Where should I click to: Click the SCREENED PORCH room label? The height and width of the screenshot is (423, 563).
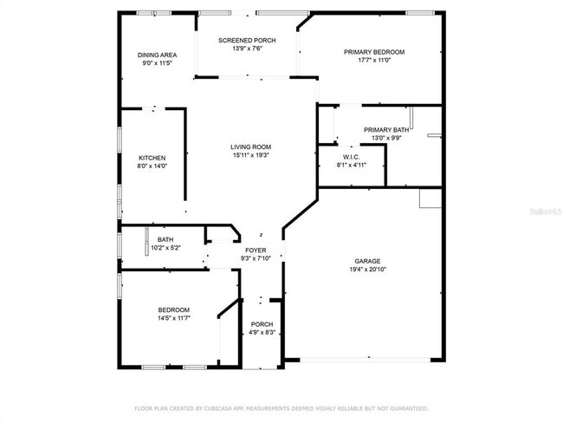247,40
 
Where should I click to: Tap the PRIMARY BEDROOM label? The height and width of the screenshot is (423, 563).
374,52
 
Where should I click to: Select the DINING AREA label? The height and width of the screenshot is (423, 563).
157,55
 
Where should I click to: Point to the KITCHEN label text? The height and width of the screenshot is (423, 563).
152,158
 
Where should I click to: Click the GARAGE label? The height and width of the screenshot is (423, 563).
367,261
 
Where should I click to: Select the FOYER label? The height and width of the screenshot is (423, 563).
256,250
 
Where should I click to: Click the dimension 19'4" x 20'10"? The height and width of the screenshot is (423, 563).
367,270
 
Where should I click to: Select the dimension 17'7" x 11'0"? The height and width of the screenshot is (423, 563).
374,61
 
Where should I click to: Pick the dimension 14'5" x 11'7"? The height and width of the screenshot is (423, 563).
173,318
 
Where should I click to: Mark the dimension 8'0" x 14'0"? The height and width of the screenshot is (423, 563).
152,166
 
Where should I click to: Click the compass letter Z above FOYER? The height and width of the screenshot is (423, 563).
262,234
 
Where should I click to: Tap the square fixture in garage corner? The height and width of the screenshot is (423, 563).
430,198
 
